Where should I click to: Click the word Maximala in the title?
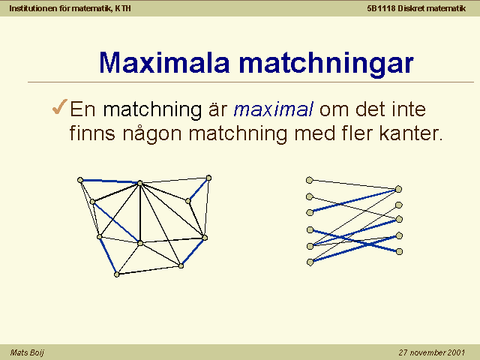pyautogui.click(x=164, y=62)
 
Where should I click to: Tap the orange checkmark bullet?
pyautogui.click(x=60, y=106)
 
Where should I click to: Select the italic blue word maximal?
pyautogui.click(x=273, y=109)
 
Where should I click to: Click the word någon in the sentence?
pyautogui.click(x=152, y=135)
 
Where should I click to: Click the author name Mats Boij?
pyautogui.click(x=27, y=352)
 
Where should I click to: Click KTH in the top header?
pyautogui.click(x=123, y=8)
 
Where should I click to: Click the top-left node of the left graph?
pyautogui.click(x=80, y=180)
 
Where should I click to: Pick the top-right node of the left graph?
pyautogui.click(x=208, y=178)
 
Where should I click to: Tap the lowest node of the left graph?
pyautogui.click(x=117, y=274)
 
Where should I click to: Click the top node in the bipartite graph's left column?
pyautogui.click(x=310, y=180)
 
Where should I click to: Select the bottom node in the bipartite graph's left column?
pyautogui.click(x=310, y=262)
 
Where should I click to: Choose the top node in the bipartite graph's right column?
pyautogui.click(x=398, y=189)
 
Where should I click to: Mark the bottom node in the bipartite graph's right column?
pyautogui.click(x=399, y=252)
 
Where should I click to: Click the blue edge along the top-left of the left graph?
pyautogui.click(x=110, y=181)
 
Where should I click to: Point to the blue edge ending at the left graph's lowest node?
pyautogui.click(x=108, y=256)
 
